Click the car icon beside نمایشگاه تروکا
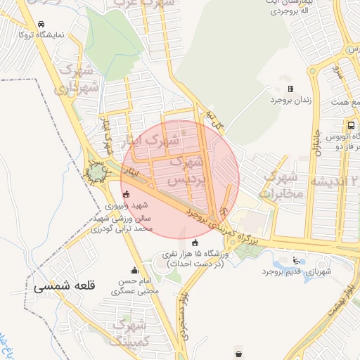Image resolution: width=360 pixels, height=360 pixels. point(42,24)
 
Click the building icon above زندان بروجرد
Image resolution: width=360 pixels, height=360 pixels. point(290,89)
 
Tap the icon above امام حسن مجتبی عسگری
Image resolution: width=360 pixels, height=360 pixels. point(134,270)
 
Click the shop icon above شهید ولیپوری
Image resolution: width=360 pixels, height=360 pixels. point(126,195)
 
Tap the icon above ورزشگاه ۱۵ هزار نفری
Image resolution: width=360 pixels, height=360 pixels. point(195,243)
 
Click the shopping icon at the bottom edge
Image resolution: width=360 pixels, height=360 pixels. point(240,354)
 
